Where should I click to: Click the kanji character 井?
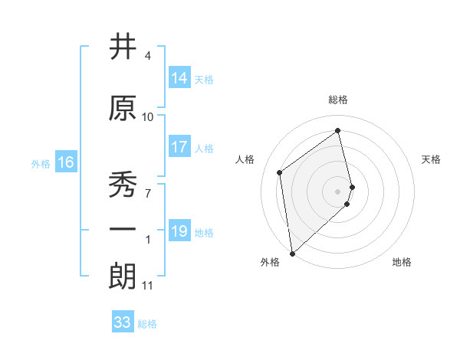pyautogui.click(x=123, y=47)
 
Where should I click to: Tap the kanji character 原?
pyautogui.click(x=123, y=108)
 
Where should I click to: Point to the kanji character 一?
pyautogui.click(x=123, y=229)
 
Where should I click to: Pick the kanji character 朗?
pyautogui.click(x=123, y=277)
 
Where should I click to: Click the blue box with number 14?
pyautogui.click(x=179, y=78)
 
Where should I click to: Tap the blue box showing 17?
pyautogui.click(x=179, y=148)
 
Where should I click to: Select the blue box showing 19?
pyautogui.click(x=179, y=231)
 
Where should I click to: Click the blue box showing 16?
pyautogui.click(x=65, y=162)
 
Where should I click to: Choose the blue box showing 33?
pyautogui.click(x=123, y=322)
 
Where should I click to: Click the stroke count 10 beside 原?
pyautogui.click(x=148, y=117)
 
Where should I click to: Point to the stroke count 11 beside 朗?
pyautogui.click(x=148, y=286)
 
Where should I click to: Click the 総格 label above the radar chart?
pyautogui.click(x=338, y=100)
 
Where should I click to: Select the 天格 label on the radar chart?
pyautogui.click(x=432, y=159)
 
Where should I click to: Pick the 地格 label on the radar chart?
pyautogui.click(x=402, y=263)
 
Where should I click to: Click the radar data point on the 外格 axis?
pyautogui.click(x=292, y=253)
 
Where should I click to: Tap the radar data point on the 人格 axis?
pyautogui.click(x=280, y=172)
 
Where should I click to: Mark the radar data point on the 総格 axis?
pyautogui.click(x=338, y=131)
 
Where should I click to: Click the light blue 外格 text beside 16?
pyautogui.click(x=41, y=163)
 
